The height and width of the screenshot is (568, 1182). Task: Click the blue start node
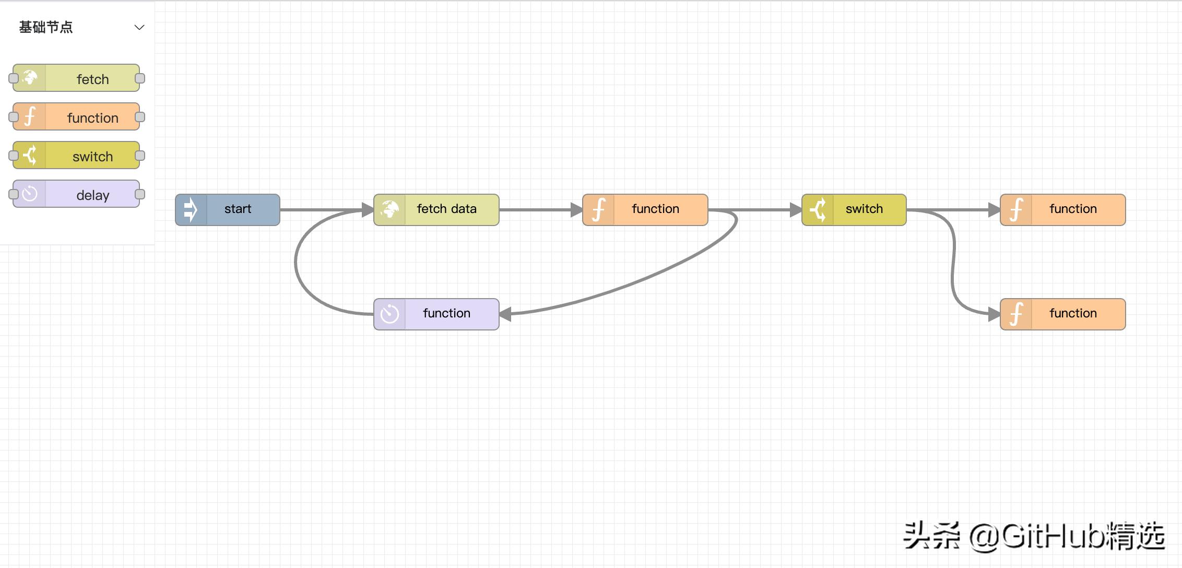click(228, 210)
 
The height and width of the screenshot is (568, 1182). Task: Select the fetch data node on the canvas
click(436, 210)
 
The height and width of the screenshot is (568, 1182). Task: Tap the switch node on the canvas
click(854, 210)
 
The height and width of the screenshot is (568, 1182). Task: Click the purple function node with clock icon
click(436, 314)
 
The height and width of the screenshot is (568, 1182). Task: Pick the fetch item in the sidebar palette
click(77, 78)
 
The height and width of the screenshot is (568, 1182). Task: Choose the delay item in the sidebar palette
click(77, 194)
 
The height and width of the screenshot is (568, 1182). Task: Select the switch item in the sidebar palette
click(77, 156)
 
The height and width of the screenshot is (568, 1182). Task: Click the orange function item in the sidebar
click(77, 117)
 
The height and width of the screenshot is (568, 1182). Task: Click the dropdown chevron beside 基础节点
click(139, 27)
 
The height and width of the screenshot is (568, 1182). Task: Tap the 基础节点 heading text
click(46, 27)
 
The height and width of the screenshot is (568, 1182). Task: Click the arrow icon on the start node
click(191, 210)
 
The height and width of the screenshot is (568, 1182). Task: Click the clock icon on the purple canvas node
click(389, 314)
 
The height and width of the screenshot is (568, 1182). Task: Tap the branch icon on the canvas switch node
click(818, 210)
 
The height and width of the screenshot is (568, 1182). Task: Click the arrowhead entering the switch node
click(796, 210)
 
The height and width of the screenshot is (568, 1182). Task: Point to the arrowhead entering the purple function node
click(505, 314)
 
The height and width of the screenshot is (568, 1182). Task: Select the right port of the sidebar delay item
click(140, 194)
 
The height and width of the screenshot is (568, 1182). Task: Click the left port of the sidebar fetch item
click(14, 78)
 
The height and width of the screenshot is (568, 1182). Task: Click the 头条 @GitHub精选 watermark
click(1034, 536)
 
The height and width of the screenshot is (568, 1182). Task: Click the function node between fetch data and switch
click(645, 210)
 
